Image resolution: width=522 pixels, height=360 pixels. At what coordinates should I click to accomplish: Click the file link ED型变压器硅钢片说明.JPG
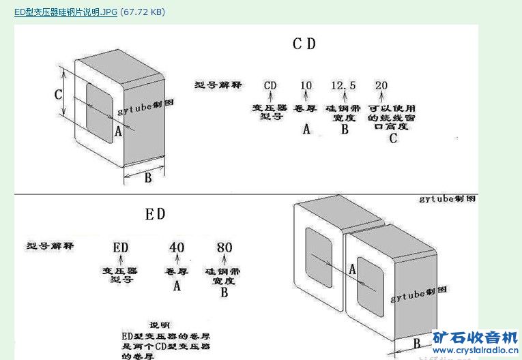point(66,12)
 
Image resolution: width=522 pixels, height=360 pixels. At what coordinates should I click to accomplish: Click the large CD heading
point(304,44)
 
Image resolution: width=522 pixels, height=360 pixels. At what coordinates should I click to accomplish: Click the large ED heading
point(155,214)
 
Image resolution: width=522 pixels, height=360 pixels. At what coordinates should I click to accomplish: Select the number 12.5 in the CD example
point(343,85)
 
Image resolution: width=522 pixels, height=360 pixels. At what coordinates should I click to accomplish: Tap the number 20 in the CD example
point(381,85)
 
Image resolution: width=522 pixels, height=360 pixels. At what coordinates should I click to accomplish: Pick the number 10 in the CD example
point(306,85)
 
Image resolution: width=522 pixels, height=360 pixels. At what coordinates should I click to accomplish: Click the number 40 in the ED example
point(177,247)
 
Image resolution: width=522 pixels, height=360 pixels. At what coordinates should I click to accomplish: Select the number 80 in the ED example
point(224,247)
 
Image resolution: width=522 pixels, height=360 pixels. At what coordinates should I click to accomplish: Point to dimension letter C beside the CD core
point(59,94)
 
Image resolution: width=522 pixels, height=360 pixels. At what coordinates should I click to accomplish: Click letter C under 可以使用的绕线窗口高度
point(392,138)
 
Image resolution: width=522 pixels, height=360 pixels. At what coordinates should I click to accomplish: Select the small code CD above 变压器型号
point(270,85)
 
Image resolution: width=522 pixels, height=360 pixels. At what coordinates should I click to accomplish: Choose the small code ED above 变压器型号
point(121,247)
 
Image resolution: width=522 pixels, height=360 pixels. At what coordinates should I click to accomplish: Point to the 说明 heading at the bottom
point(159,325)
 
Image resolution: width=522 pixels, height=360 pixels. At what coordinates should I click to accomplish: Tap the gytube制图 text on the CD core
point(141,109)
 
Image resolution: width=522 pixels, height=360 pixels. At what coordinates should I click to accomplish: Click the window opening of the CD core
point(99,112)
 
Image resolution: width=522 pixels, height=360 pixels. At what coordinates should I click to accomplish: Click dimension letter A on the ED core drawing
point(352,270)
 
